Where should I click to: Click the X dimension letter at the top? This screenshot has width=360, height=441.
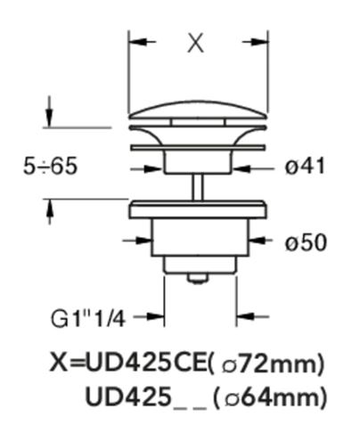point(195,43)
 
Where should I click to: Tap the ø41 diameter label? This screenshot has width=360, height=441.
point(305,167)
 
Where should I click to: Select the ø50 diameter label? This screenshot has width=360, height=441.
point(306,243)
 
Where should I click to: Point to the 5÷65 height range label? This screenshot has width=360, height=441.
point(50,166)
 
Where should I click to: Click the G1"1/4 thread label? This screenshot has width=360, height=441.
point(88,319)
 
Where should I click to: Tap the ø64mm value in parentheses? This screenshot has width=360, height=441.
point(273,397)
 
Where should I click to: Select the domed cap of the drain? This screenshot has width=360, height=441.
point(199,110)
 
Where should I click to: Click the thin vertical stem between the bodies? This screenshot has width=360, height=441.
point(198,187)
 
